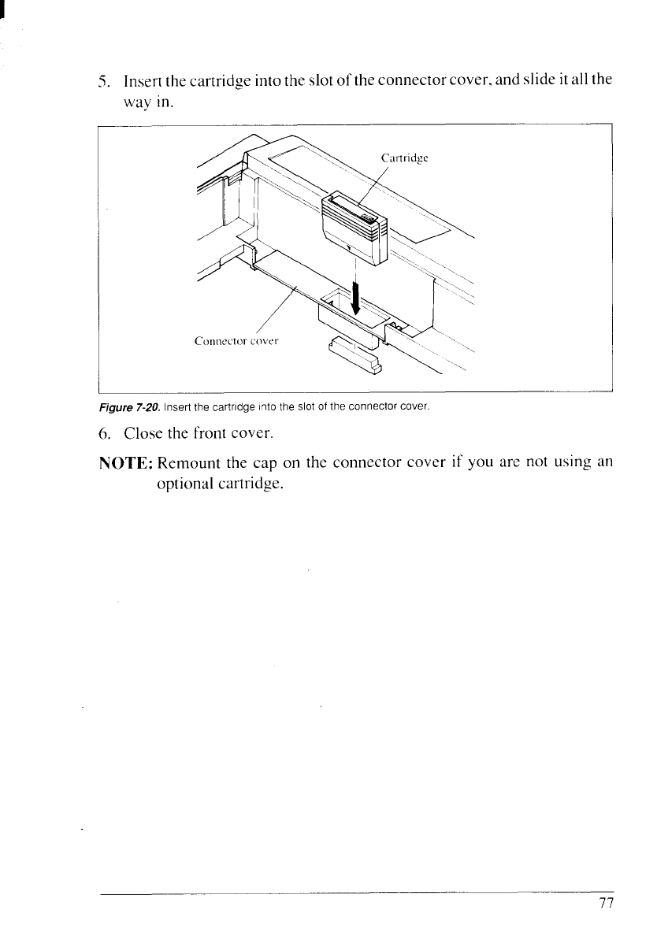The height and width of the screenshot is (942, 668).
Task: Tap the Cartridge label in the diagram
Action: tap(404, 158)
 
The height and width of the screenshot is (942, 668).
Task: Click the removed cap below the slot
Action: tap(354, 352)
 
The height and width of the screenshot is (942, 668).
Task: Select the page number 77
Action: tap(605, 903)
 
